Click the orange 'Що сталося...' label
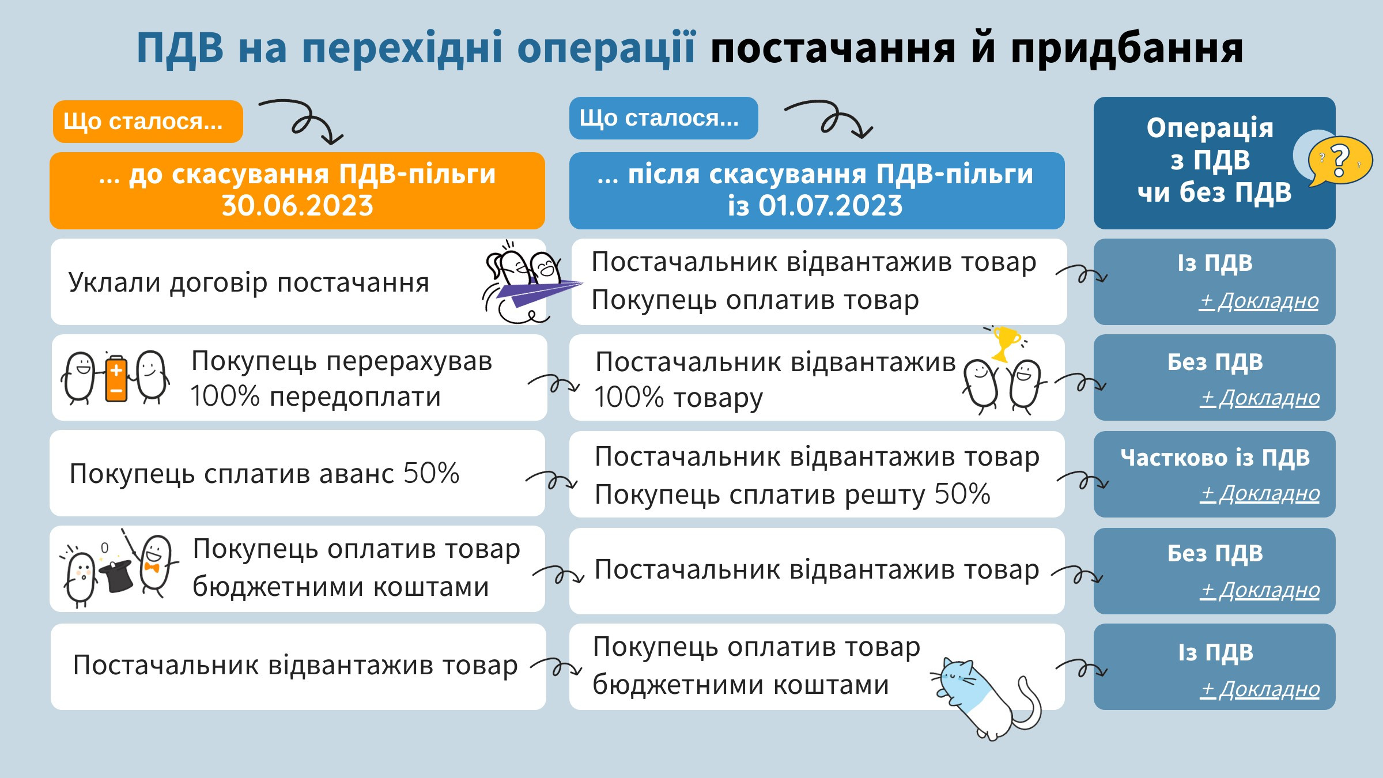click(148, 122)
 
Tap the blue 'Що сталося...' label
click(663, 118)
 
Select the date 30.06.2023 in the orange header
click(297, 206)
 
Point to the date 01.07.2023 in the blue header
click(830, 206)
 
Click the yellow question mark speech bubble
click(1339, 161)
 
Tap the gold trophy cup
click(1006, 343)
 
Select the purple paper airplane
click(536, 291)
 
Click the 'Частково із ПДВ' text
click(1215, 458)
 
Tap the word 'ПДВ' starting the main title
click(180, 48)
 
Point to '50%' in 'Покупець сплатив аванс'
click(431, 474)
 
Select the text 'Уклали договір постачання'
click(249, 283)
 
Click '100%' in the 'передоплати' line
click(225, 397)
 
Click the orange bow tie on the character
click(152, 568)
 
